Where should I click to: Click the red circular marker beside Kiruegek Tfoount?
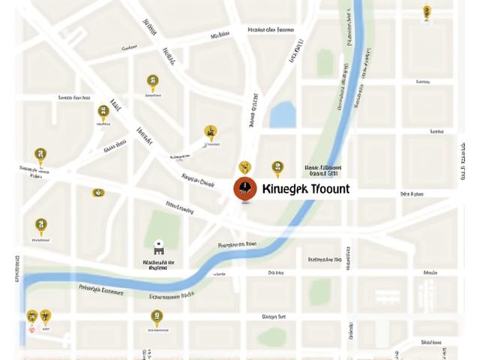[x=245, y=188]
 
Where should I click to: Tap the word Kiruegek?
[x=283, y=189]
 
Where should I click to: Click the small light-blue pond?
[x=283, y=115]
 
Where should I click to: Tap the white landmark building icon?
[x=159, y=248]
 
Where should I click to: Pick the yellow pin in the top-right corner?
[x=427, y=12]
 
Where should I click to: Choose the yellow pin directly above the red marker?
[x=244, y=167]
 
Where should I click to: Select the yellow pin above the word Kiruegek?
[x=277, y=168]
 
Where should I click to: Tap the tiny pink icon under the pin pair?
[x=31, y=329]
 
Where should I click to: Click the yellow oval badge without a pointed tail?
[x=98, y=193]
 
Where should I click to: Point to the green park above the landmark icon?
[x=162, y=225]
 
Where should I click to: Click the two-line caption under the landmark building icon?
[x=158, y=265]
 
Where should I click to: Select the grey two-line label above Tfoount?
[x=323, y=170]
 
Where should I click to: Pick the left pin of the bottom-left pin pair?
[x=31, y=316]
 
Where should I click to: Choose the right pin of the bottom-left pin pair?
[x=45, y=316]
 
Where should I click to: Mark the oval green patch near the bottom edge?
[x=271, y=335]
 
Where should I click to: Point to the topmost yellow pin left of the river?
[x=152, y=82]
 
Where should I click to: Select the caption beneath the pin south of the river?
[x=156, y=330]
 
